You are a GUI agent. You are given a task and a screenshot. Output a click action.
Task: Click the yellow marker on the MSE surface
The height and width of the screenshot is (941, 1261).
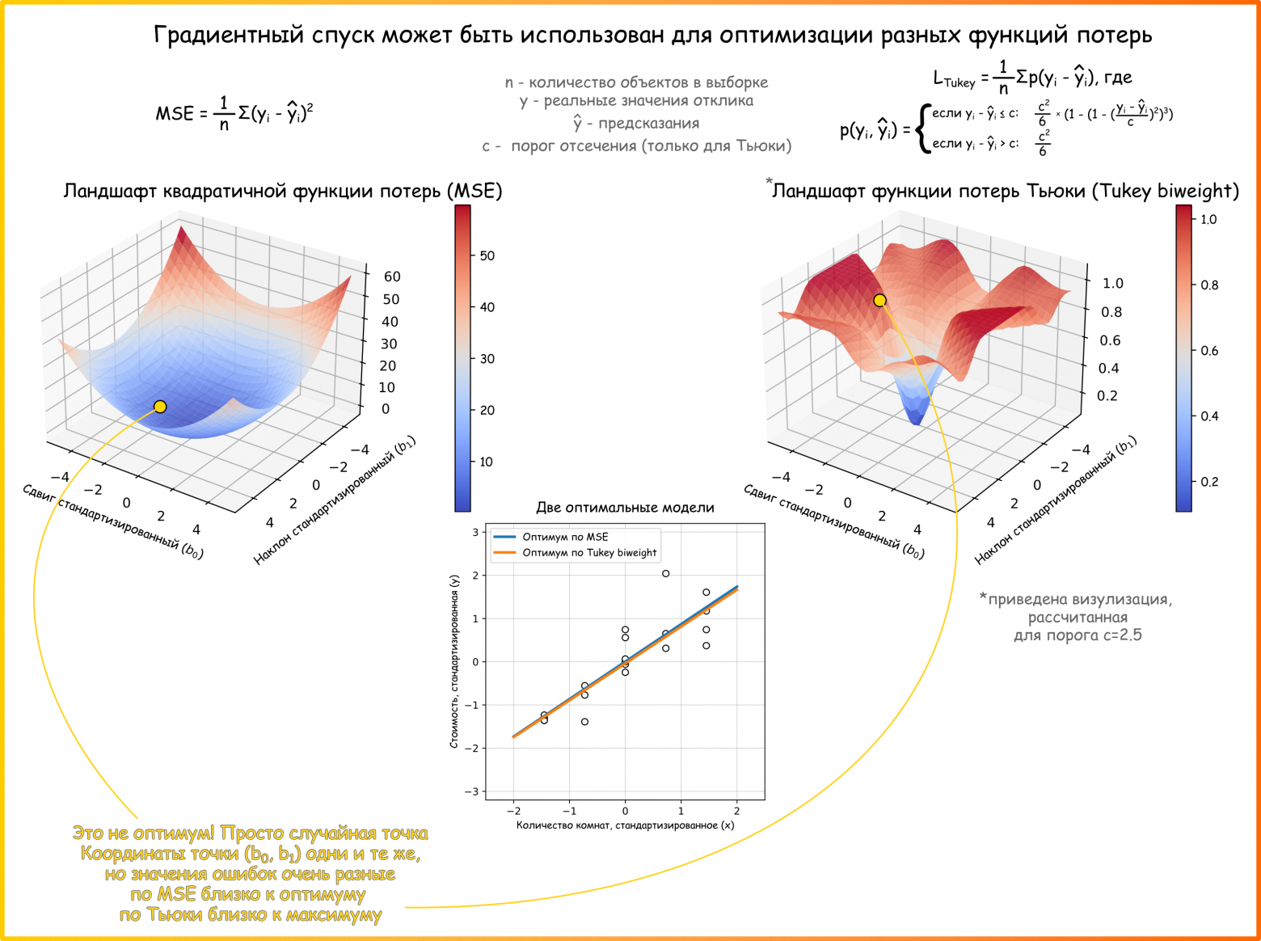160,407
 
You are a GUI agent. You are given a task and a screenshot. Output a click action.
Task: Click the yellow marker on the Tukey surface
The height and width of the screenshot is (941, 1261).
879,301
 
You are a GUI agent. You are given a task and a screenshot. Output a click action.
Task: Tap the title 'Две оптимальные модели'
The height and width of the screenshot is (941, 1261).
625,508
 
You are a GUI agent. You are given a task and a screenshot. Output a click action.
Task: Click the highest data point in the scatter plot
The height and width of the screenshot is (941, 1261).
665,574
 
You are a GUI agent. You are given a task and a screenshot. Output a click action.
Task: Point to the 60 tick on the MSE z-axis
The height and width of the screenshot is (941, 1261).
392,276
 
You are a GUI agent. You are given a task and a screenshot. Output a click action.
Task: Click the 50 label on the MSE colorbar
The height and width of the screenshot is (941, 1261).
487,255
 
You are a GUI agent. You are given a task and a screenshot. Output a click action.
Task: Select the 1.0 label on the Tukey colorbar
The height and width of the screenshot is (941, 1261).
1208,219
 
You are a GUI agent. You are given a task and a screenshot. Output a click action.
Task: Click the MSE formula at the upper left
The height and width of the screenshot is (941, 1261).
234,112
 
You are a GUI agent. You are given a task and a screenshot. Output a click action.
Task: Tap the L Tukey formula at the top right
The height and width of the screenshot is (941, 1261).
1032,78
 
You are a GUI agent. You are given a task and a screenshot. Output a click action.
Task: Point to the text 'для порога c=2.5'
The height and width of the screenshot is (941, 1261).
1078,635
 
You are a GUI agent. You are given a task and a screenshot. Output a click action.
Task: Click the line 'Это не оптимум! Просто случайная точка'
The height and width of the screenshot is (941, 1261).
251,833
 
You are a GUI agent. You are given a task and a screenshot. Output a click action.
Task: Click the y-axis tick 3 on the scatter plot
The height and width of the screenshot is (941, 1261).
476,532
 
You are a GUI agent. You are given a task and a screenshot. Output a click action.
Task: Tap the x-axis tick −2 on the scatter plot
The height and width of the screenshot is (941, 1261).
512,811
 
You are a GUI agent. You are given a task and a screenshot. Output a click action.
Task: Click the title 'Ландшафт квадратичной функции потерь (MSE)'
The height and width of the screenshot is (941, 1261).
283,191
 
